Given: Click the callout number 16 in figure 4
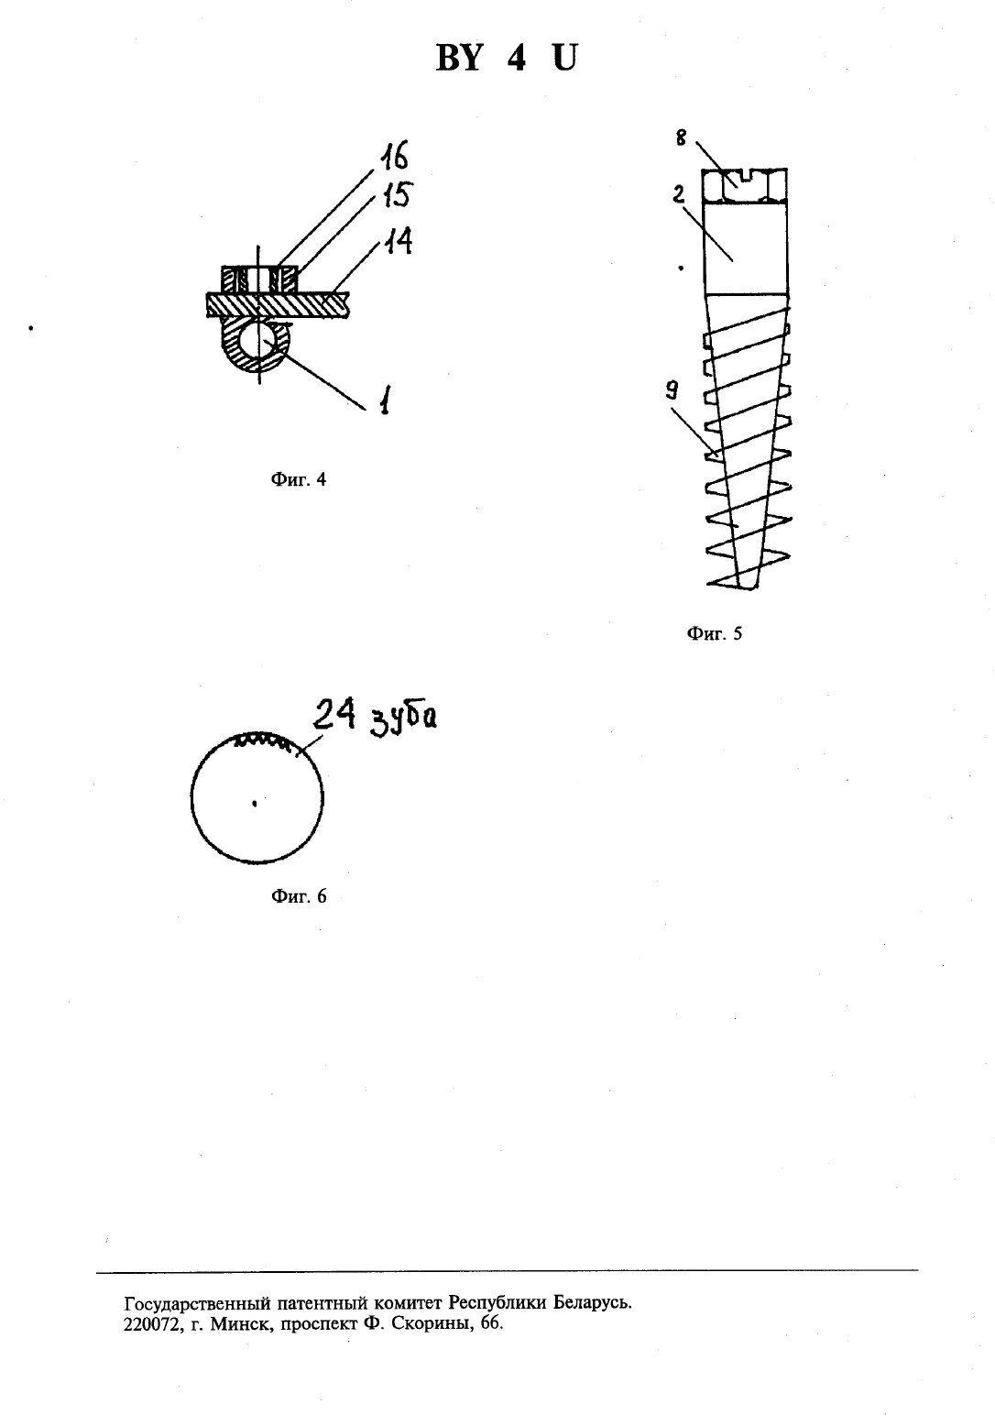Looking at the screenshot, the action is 394,155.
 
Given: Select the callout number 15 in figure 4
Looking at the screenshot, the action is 398,194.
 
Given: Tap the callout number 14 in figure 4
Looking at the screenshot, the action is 398,241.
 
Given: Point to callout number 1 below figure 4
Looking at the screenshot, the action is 385,400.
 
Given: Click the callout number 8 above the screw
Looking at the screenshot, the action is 681,137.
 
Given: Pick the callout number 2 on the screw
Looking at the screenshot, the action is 679,194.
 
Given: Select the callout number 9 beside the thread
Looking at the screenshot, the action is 672,390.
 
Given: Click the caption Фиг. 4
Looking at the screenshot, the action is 299,479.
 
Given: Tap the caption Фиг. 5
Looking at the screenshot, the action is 715,633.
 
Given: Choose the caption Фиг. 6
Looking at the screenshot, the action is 299,896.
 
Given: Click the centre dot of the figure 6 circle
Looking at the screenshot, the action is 255,804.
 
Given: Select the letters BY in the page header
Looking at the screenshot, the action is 458,59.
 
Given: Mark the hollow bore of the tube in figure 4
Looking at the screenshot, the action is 258,341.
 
